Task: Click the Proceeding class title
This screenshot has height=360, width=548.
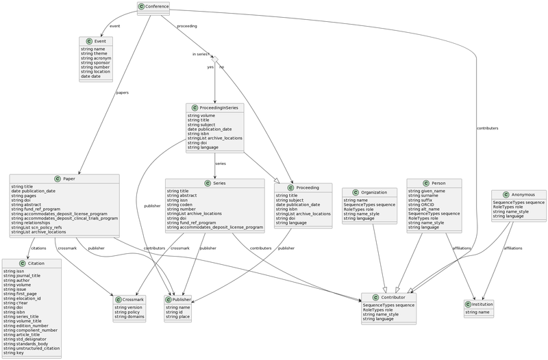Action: [x=303, y=187]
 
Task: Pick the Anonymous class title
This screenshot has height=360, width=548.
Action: [x=519, y=194]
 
